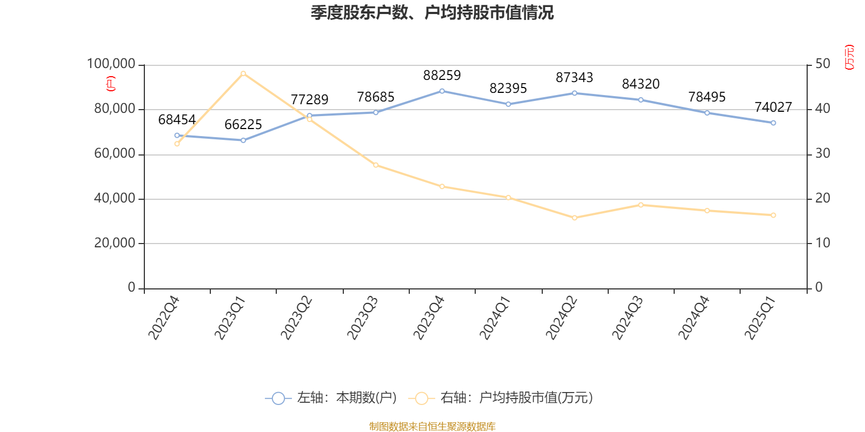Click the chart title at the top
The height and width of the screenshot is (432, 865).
(x=432, y=13)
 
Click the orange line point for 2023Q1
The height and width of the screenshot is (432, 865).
(x=243, y=73)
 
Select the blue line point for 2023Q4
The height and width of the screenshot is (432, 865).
(x=442, y=91)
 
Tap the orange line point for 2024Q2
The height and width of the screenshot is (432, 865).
(x=575, y=218)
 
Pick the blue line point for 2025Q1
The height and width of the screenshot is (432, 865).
(x=773, y=123)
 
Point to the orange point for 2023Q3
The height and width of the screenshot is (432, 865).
(x=376, y=165)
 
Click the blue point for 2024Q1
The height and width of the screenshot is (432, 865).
(x=508, y=104)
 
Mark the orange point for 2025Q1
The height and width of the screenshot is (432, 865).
(x=773, y=215)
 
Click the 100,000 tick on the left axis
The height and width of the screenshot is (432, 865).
(x=111, y=64)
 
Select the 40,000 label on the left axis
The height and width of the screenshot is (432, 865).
(x=114, y=199)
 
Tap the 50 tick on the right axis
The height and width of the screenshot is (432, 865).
(x=823, y=64)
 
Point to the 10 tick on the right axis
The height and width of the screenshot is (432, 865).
(x=823, y=244)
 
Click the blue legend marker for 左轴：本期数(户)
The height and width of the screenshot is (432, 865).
(x=278, y=399)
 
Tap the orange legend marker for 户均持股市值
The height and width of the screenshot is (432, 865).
(x=421, y=399)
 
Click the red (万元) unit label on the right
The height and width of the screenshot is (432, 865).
(x=849, y=57)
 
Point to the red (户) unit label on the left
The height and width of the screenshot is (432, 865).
(x=111, y=84)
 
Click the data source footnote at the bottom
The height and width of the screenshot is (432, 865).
(x=432, y=427)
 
